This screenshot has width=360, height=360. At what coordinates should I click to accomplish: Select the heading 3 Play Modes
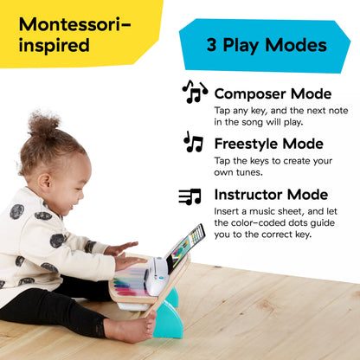pos(267,45)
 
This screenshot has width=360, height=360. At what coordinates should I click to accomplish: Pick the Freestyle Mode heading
pos(269,144)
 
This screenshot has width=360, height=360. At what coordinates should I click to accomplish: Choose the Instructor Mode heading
pos(271,195)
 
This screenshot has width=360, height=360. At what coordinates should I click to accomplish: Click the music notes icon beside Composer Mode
pos(195,91)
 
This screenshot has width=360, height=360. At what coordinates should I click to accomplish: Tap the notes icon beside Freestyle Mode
pos(193,142)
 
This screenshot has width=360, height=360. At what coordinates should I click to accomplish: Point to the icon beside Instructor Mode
pos(190,196)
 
